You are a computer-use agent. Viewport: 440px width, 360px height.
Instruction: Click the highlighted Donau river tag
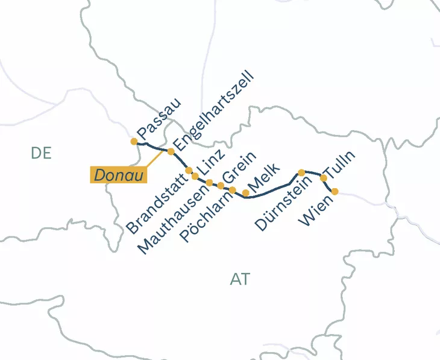(119, 175)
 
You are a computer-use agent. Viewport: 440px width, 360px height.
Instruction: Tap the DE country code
(41, 153)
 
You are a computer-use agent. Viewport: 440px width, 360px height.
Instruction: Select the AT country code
(240, 279)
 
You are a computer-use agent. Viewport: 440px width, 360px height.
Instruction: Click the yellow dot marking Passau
(134, 142)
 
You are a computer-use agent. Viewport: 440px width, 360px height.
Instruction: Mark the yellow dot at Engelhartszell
(171, 151)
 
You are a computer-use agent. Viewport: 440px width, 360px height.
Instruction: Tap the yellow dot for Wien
(335, 192)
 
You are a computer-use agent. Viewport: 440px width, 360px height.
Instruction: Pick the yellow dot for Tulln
(323, 178)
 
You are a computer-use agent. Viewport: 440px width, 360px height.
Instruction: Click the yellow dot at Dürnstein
(301, 172)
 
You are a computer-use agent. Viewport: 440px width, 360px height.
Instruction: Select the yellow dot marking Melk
(246, 193)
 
